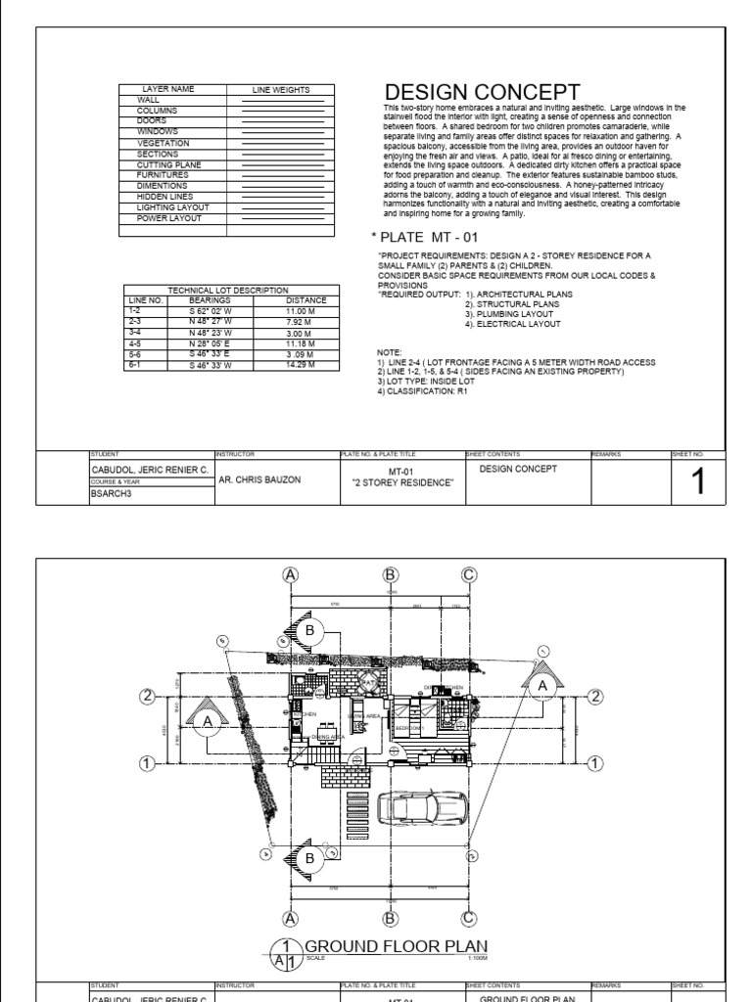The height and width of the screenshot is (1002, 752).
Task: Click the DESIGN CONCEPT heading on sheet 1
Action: (x=476, y=92)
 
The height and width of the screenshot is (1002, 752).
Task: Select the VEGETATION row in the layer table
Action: (x=162, y=144)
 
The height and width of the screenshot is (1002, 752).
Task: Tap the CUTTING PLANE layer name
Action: (x=168, y=165)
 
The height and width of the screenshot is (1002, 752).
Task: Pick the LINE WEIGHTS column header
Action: (x=281, y=90)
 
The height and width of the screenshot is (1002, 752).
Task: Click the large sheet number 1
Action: (x=697, y=480)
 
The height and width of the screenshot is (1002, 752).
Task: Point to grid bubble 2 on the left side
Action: (x=148, y=696)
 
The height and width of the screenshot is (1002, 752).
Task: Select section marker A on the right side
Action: (x=542, y=687)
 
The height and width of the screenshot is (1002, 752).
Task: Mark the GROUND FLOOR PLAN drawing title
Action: (x=396, y=945)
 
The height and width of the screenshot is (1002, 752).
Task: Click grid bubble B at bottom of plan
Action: (x=390, y=917)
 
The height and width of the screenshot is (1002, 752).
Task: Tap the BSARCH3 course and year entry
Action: (x=110, y=494)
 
